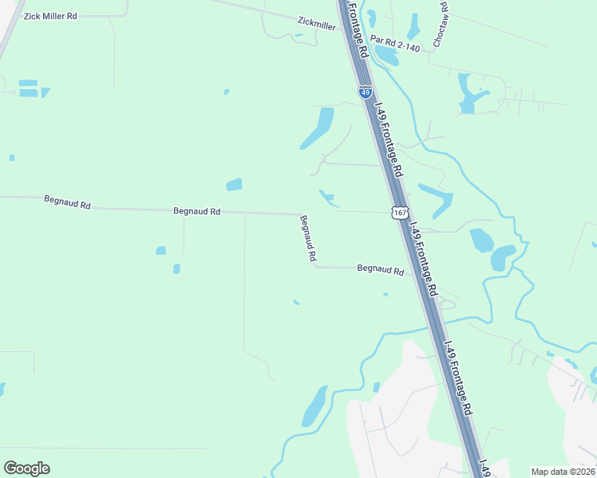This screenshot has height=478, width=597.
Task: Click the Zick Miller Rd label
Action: point(50,16)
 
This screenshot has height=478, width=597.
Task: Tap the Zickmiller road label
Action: point(316,24)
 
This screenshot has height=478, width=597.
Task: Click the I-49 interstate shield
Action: point(365,92)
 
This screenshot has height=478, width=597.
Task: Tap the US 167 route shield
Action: point(400,211)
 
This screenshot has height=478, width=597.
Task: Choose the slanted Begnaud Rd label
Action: point(308,238)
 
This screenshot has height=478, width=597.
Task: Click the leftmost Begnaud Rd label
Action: point(68,204)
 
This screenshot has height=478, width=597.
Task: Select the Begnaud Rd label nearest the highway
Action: point(380,270)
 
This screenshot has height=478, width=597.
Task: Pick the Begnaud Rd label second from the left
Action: point(196,211)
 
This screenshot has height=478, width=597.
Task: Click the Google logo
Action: point(26,468)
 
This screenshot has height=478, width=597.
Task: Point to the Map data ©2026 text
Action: point(562,472)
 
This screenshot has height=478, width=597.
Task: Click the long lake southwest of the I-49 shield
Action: point(318,127)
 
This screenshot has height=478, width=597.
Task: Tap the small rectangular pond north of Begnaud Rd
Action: point(234,185)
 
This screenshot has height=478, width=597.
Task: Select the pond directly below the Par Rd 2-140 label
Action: point(386,56)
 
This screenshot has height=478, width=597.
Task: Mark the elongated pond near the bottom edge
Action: point(314,406)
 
